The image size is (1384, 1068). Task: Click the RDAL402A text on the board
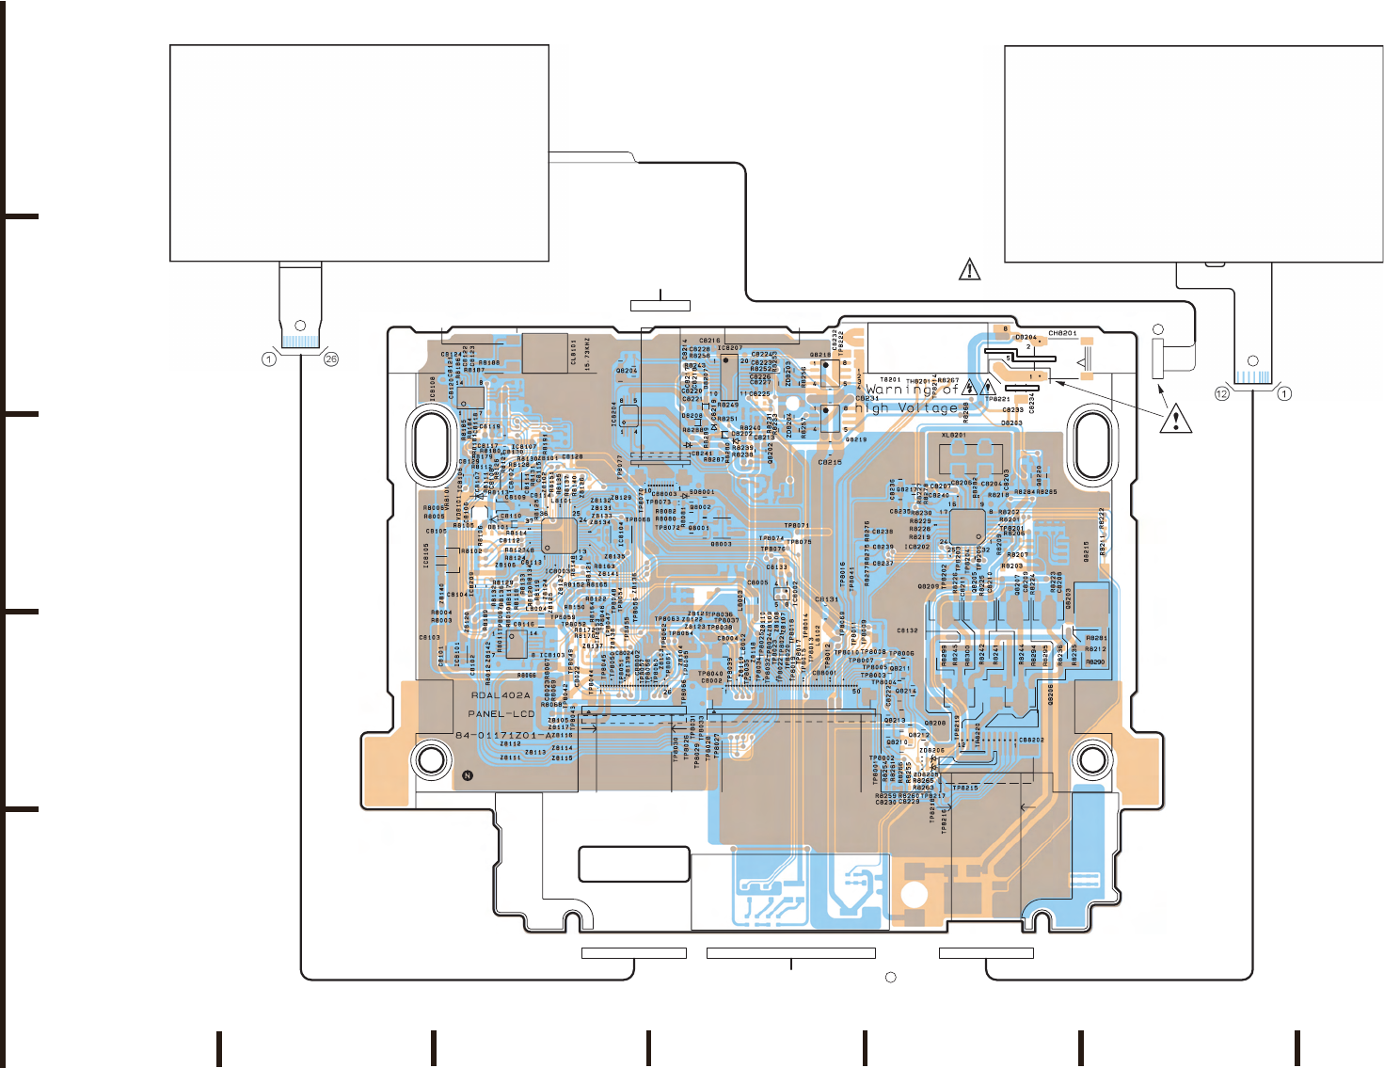coord(501,695)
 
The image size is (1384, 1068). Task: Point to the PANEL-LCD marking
coord(501,713)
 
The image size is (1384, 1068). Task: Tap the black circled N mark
coord(468,775)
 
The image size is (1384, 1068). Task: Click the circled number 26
coord(330,359)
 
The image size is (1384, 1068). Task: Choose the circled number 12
coord(1221,393)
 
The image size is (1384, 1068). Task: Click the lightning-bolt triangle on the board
coord(969,386)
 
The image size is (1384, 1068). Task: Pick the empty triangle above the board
coord(969,270)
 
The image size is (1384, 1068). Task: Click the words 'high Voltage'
coord(906,408)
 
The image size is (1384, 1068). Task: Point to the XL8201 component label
coord(954,436)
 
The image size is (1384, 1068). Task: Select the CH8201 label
coord(1062,333)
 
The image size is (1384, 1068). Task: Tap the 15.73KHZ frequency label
coord(587,353)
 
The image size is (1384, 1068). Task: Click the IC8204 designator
coord(614,414)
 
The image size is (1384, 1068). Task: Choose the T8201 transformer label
coord(890,380)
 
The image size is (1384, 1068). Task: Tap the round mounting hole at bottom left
coord(432,758)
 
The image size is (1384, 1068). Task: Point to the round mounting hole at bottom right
coord(1092,758)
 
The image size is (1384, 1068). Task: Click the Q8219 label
coord(856,439)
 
